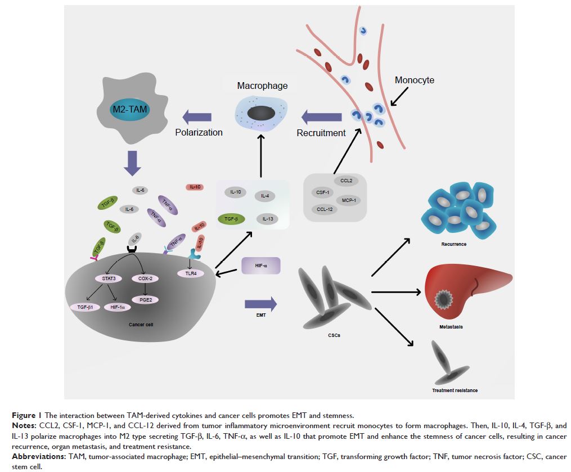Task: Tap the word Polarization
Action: tap(198, 133)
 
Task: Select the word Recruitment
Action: tap(321, 133)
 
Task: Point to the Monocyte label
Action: tap(415, 80)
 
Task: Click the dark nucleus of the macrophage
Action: tap(262, 113)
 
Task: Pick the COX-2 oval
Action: tap(146, 278)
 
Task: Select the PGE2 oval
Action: tap(146, 300)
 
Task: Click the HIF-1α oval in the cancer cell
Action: tap(118, 307)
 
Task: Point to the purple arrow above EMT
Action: tap(261, 305)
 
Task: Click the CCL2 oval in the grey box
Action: tap(347, 181)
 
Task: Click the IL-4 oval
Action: tap(265, 196)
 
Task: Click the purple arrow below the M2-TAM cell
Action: tap(132, 163)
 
